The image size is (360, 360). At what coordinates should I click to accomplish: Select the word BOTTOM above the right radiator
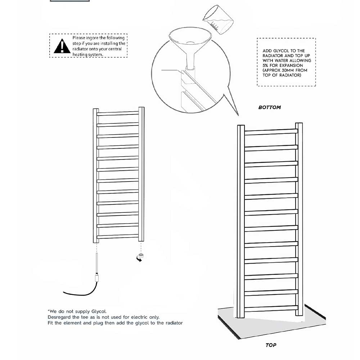(270, 107)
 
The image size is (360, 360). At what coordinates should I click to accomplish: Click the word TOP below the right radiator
(271, 345)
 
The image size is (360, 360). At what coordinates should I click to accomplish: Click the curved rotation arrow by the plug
(138, 260)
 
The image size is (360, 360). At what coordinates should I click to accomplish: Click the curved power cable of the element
(79, 292)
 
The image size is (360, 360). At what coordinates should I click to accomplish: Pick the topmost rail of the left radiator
(118, 113)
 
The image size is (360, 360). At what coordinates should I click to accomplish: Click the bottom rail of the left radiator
(118, 236)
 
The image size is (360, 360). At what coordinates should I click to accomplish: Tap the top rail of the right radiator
(271, 132)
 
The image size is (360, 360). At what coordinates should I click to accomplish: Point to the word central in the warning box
(113, 49)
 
